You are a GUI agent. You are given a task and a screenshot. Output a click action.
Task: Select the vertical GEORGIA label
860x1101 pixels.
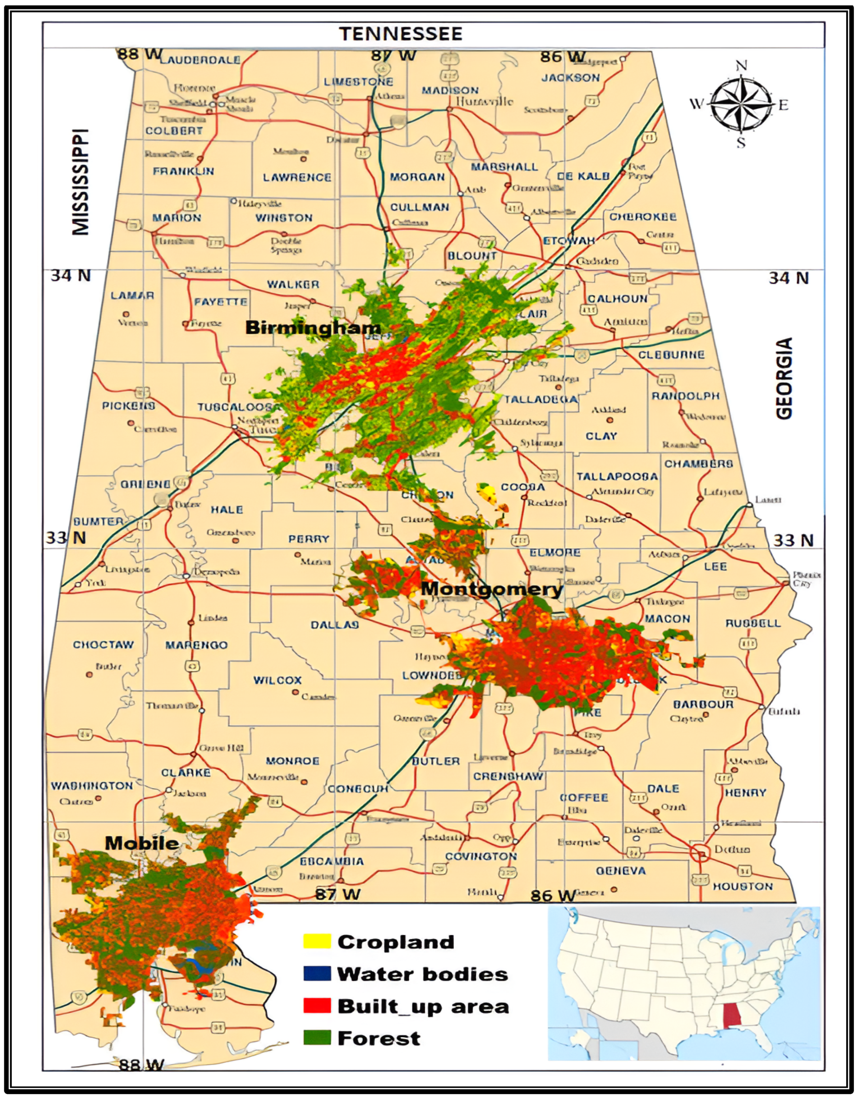(x=784, y=378)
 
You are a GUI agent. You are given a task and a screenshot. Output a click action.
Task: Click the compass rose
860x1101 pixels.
(x=741, y=104)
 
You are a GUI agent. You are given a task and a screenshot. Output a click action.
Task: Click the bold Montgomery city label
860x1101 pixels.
(x=492, y=589)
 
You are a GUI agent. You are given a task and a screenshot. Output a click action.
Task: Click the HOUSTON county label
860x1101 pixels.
(x=742, y=886)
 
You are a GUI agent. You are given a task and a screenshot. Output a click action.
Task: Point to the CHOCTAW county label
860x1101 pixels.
(x=103, y=645)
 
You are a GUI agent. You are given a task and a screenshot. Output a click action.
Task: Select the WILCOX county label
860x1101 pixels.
(x=277, y=680)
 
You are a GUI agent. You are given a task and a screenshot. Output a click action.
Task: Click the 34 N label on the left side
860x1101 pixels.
(x=71, y=275)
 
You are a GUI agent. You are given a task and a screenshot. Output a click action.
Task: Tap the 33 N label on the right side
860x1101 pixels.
(x=793, y=541)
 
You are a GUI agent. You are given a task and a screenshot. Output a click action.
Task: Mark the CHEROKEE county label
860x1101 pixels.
(x=643, y=217)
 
